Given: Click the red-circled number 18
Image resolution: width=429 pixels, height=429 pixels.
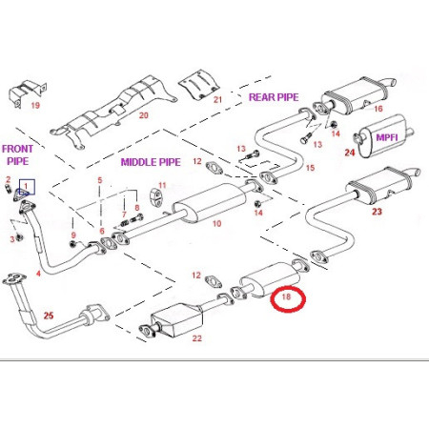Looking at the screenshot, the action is point(286,296).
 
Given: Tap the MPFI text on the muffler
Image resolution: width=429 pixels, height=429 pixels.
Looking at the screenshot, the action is point(387,137).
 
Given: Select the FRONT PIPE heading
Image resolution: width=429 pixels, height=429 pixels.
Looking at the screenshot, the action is point(17,154).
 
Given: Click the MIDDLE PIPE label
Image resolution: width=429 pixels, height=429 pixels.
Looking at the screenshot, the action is point(151,162).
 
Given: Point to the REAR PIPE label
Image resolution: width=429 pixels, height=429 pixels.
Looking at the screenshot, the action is point(274,97).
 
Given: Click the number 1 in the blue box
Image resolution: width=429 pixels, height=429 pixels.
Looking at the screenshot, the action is point(26,186).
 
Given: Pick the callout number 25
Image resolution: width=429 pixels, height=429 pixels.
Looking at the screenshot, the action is point(49,316).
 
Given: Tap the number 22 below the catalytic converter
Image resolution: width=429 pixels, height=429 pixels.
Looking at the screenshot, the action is point(197,338).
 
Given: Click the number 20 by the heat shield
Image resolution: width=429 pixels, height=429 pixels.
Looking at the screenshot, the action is point(144,115).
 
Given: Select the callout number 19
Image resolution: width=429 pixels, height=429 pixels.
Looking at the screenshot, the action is point(35,105).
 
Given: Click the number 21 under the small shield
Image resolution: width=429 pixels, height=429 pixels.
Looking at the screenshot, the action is point(217,100).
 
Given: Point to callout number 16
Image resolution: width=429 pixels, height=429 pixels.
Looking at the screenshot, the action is point(378,109).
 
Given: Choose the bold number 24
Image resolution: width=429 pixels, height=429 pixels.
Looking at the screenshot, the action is point(350,153).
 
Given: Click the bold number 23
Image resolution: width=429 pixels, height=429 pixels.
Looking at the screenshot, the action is point(377,212).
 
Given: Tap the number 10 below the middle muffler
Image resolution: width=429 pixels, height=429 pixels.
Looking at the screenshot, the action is point(216,223).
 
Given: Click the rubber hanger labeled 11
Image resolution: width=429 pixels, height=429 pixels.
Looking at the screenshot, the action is point(154,196).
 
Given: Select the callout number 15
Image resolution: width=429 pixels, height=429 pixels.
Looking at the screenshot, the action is point(310,168).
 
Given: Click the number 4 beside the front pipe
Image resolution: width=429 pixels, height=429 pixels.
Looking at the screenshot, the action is point(38,274).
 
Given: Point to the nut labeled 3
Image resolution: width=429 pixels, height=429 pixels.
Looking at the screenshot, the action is point(19,237).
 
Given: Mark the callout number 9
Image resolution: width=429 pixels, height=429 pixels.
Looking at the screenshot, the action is point(73,235).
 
